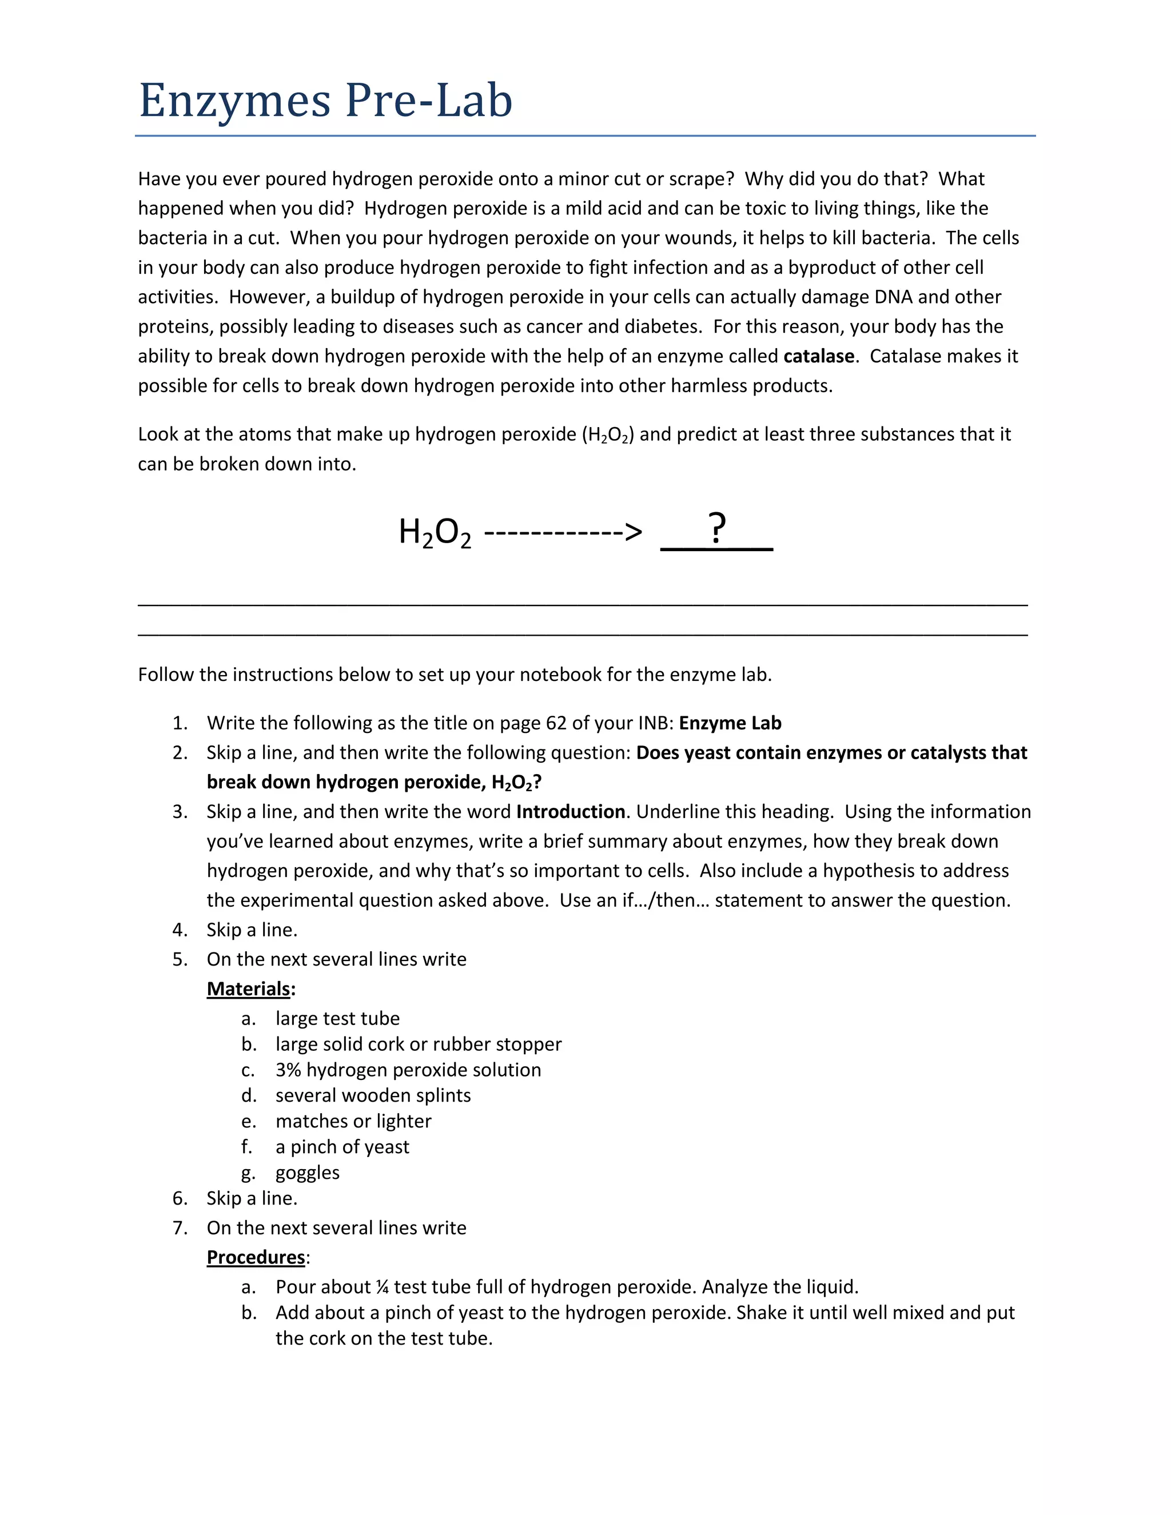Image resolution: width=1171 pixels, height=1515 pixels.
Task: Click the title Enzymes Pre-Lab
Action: (325, 101)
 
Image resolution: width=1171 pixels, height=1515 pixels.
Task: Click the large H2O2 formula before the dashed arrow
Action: (435, 533)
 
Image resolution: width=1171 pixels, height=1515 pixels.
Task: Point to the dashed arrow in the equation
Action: (563, 533)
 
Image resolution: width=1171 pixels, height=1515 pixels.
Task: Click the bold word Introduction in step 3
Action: (570, 812)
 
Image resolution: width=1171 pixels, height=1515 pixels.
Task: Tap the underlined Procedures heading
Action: (256, 1257)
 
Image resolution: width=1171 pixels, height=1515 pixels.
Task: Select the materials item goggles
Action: (307, 1173)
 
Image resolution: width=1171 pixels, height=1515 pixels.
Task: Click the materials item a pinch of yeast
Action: (342, 1147)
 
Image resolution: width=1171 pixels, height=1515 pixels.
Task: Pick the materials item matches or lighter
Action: (353, 1121)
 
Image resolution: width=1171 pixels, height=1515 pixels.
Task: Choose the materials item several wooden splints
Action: (373, 1095)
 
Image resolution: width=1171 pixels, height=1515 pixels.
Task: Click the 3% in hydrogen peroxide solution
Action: (288, 1070)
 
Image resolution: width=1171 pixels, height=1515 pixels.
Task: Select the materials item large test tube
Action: (337, 1018)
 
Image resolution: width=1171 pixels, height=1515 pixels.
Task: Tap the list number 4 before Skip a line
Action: (180, 930)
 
